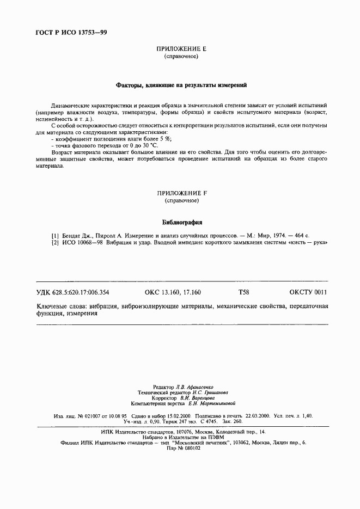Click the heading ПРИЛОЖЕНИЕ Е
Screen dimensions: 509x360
180,49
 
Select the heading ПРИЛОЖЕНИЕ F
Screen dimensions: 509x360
180,193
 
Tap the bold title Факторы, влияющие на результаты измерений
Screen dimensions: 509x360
181,85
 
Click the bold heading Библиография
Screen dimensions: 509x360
182,222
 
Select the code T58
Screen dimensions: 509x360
243,292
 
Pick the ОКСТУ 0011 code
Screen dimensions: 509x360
308,292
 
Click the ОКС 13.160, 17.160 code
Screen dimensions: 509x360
173,292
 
